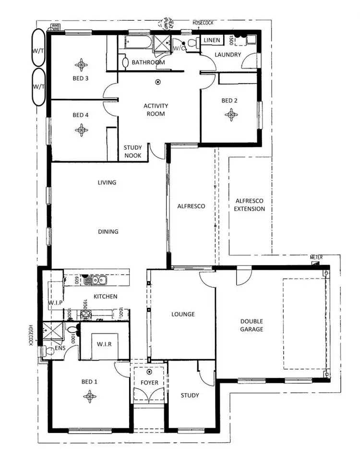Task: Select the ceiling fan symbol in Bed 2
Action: [x=231, y=114]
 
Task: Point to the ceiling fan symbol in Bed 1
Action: [x=89, y=395]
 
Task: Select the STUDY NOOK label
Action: [x=132, y=152]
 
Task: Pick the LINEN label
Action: [x=212, y=40]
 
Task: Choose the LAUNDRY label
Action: [x=228, y=55]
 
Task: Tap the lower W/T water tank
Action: [x=38, y=86]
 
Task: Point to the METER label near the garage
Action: [x=316, y=257]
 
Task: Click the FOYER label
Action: [x=149, y=383]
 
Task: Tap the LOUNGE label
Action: [x=183, y=314]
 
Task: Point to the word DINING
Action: [x=108, y=231]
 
